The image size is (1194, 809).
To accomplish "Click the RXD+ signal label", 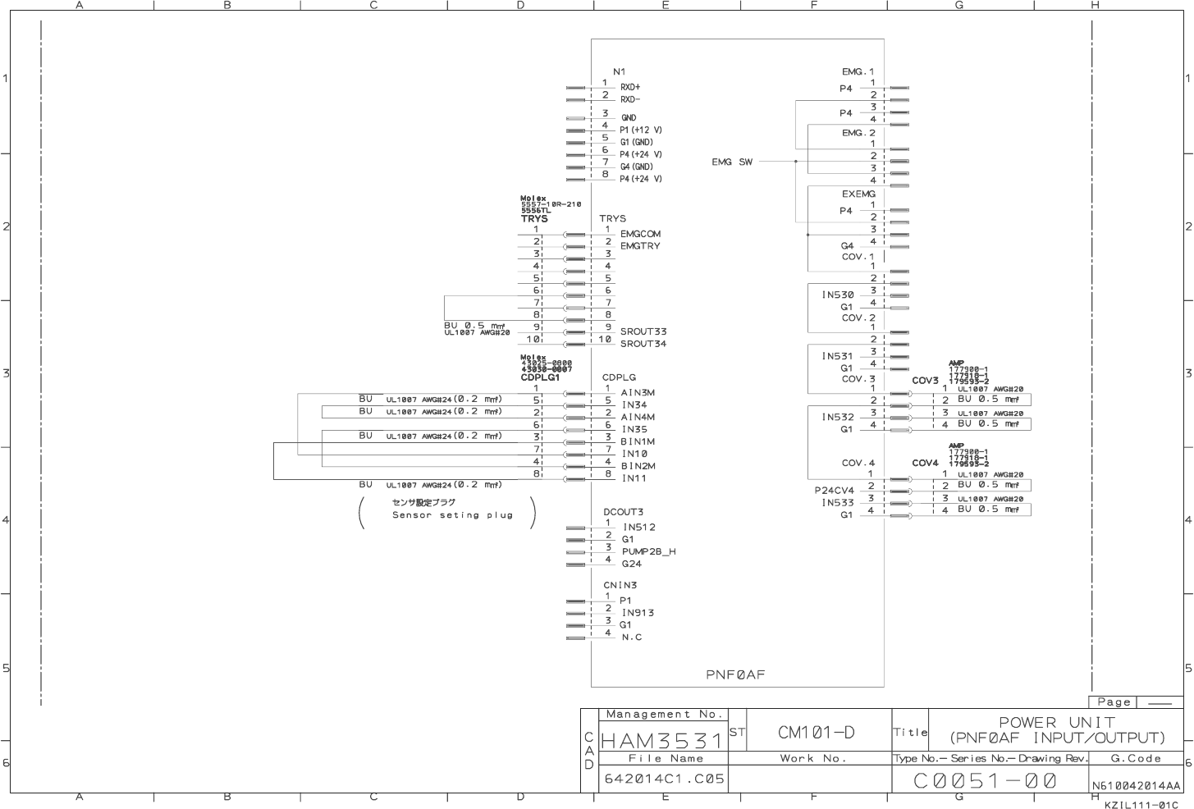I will (630, 87).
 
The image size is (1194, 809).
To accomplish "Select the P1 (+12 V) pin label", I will (641, 130).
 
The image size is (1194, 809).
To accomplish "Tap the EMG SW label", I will (732, 162).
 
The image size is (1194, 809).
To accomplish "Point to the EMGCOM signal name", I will (640, 234).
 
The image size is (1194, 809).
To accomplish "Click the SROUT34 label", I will (643, 344).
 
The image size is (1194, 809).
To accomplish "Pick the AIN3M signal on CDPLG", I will (638, 392).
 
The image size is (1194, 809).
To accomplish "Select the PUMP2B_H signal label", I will (648, 551).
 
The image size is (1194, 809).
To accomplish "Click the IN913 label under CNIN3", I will (638, 613).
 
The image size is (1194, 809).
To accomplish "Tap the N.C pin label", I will (631, 638).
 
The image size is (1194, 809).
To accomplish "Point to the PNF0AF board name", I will (735, 674).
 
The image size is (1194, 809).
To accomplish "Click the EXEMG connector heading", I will (858, 194).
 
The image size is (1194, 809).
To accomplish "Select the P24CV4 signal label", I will (835, 491).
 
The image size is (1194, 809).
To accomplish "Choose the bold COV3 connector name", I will (925, 381).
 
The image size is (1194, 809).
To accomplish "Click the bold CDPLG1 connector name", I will (540, 377).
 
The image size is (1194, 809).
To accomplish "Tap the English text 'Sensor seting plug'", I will (452, 515).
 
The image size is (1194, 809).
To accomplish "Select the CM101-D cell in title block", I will (817, 732).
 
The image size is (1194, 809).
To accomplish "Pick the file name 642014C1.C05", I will (665, 778).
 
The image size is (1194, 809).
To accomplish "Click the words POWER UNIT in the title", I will (1057, 722).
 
